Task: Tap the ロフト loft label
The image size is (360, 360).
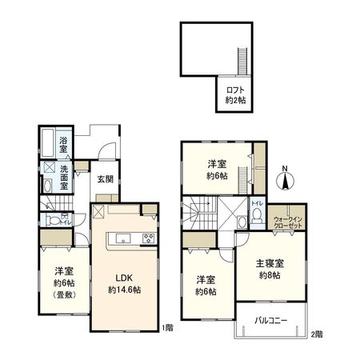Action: (234, 90)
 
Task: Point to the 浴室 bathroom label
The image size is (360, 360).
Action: (63, 147)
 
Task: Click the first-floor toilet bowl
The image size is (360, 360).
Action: (52, 220)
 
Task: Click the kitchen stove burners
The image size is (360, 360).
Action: (148, 238)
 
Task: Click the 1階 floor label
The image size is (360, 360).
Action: (166, 328)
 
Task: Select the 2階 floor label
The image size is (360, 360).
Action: (317, 334)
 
